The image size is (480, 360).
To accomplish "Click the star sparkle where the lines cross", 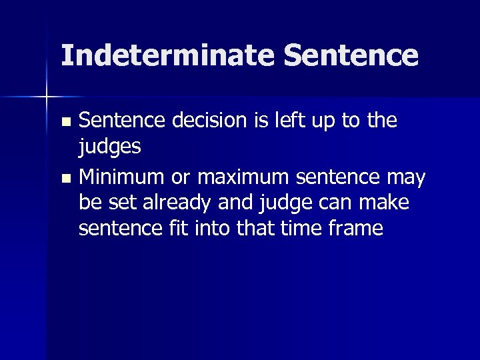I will [47, 97].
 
